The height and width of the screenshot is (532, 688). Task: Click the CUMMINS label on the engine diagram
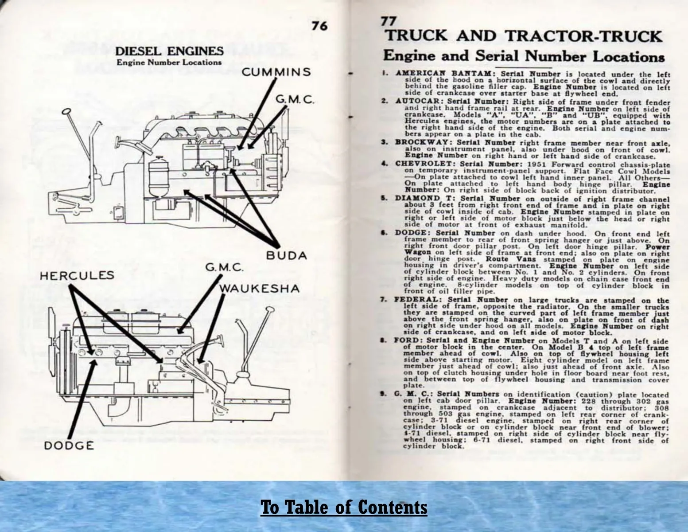point(276,72)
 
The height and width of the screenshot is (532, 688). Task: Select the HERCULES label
point(77,275)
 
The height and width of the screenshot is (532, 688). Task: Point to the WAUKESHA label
point(259,289)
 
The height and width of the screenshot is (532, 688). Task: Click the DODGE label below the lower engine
point(69,446)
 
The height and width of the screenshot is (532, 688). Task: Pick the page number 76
point(319,26)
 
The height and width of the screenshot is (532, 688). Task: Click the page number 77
point(389,21)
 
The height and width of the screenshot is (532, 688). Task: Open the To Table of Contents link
point(344,507)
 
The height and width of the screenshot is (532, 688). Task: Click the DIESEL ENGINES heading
point(169,51)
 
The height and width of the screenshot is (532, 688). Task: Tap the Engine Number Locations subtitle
point(169,62)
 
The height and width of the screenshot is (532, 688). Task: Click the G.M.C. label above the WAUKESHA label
point(225,268)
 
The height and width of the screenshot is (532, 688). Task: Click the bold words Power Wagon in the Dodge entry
point(418,249)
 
